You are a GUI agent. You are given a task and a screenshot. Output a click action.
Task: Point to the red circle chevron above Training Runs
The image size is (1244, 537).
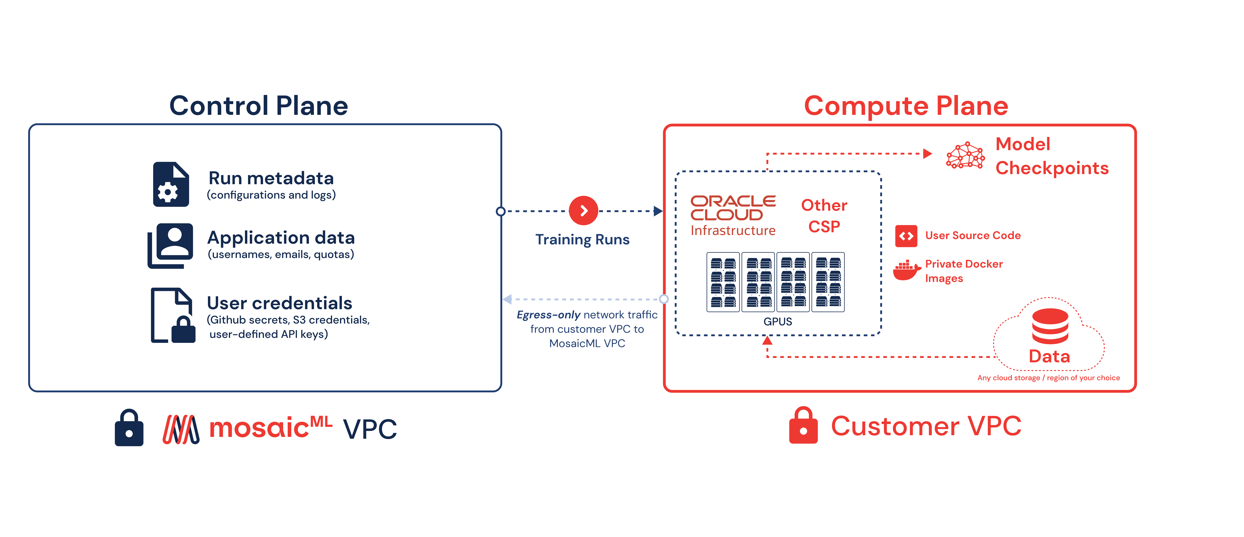[583, 211]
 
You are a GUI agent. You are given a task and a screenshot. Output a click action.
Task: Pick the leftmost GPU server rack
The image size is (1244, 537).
[723, 282]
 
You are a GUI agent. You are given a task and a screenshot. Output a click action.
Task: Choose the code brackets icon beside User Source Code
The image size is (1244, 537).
[906, 236]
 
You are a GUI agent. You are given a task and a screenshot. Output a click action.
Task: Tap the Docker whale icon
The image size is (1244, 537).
[906, 270]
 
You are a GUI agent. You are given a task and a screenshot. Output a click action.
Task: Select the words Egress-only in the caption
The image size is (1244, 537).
[548, 315]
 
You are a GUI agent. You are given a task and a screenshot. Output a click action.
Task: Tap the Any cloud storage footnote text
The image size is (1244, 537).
[1048, 378]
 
